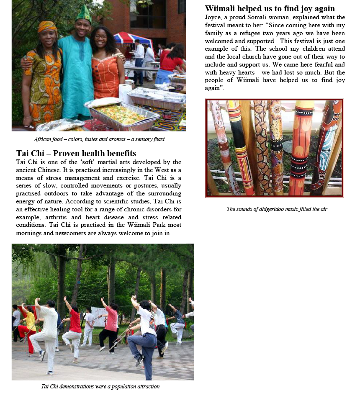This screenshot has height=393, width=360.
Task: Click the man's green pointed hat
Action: tap(83, 13)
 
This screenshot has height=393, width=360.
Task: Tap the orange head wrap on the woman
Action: tap(47, 27)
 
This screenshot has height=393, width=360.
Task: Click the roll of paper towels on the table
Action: tap(125, 93)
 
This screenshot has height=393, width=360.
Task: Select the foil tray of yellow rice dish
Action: tap(121, 114)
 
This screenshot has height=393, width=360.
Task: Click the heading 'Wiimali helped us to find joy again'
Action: tap(270, 8)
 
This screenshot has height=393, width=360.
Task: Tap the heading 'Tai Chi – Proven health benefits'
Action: tap(76, 153)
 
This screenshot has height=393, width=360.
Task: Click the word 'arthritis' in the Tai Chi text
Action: tap(53, 217)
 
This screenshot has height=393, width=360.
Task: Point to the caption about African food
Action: tap(99, 139)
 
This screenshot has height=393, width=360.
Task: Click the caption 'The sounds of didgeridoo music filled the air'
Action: tap(276, 208)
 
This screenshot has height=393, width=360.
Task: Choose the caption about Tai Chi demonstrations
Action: tap(100, 386)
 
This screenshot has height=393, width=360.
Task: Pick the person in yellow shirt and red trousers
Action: tap(28, 326)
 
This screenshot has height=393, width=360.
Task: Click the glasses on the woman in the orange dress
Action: tap(101, 37)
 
